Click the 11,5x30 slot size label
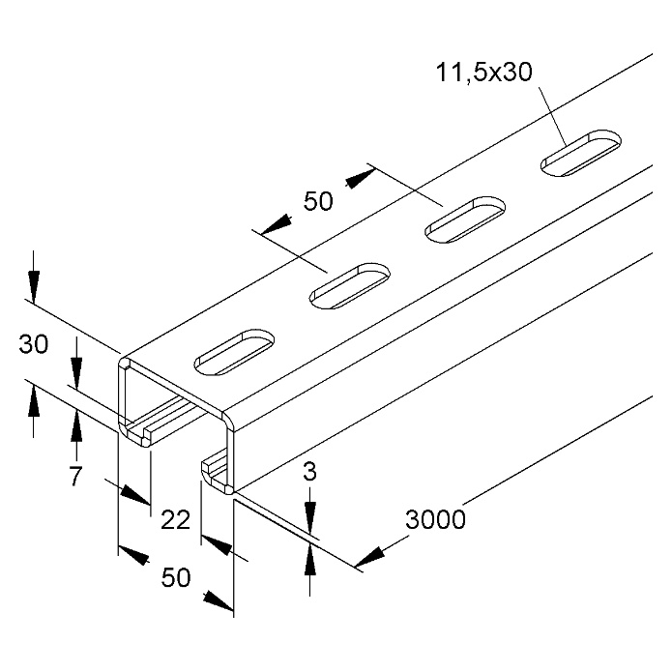(484, 72)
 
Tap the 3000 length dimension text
(435, 519)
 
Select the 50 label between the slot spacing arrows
(318, 200)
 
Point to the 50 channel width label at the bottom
(176, 577)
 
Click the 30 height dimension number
(34, 343)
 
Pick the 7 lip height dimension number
(75, 476)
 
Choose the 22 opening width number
(175, 519)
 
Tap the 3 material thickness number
(309, 472)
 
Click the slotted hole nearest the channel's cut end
(234, 353)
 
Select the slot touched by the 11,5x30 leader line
(581, 153)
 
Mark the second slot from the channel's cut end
(350, 286)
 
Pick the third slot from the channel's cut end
(465, 219)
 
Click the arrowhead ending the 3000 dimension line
(369, 558)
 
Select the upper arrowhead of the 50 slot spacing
(361, 178)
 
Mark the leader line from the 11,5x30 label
(553, 116)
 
